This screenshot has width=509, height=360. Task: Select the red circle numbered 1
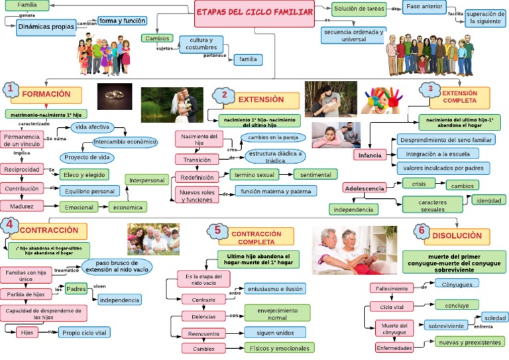[10, 90]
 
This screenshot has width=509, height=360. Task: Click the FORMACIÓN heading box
[46, 94]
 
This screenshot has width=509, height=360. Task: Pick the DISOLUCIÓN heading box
[457, 236]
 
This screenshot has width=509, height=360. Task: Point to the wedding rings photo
[114, 95]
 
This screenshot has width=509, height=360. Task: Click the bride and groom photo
[172, 104]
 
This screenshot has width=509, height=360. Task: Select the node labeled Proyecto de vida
[85, 157]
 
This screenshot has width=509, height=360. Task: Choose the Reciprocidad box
[23, 169]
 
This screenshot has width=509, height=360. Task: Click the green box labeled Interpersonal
[146, 180]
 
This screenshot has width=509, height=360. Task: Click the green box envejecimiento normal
[277, 313]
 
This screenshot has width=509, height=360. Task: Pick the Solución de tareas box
[359, 9]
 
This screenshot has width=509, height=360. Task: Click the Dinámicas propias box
[46, 27]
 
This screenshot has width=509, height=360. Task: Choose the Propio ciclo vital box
[84, 332]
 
